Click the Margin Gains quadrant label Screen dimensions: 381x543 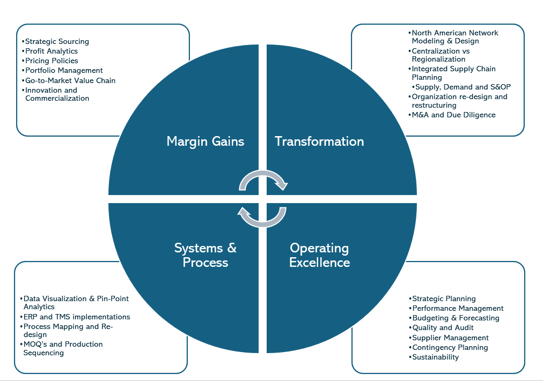206,141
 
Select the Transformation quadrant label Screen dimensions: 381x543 319,141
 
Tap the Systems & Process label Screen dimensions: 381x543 206,255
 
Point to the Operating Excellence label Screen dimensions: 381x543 319,255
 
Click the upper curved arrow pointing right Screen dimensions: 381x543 263,180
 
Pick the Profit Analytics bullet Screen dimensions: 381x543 52,51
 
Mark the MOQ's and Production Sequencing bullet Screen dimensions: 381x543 63,348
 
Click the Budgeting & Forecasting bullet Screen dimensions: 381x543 456,318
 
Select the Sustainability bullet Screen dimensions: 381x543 435,357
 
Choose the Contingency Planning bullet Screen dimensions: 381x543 450,347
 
